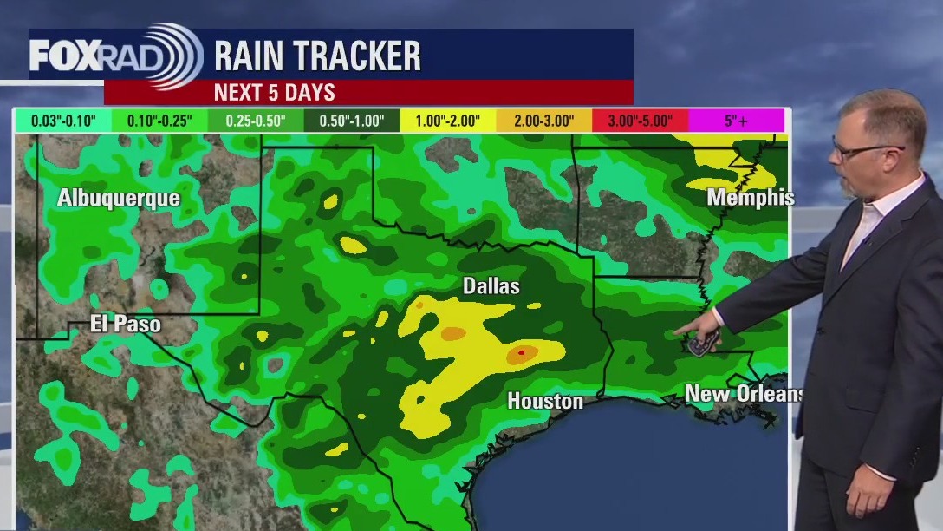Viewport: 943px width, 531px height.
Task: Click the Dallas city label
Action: [491, 285]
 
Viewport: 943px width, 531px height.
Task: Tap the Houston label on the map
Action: [544, 401]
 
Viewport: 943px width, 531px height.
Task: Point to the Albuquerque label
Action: [119, 198]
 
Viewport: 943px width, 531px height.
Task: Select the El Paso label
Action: [126, 324]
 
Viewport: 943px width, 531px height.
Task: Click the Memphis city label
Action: [750, 198]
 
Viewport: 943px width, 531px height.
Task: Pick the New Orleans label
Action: [744, 394]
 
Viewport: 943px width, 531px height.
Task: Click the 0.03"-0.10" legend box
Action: [64, 121]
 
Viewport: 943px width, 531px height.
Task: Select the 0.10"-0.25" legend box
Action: [160, 121]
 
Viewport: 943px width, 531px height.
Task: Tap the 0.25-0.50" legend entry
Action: [257, 121]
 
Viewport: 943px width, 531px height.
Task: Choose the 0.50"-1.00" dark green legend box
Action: [352, 121]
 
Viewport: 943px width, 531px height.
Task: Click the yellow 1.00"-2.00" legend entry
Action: [448, 121]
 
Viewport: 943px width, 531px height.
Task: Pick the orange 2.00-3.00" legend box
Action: [543, 121]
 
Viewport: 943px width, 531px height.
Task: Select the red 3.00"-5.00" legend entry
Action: [640, 121]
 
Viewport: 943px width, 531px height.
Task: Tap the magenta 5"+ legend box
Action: [737, 121]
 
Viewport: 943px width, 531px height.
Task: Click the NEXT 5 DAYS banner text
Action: [274, 93]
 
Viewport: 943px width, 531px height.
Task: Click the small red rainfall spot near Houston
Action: [521, 353]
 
